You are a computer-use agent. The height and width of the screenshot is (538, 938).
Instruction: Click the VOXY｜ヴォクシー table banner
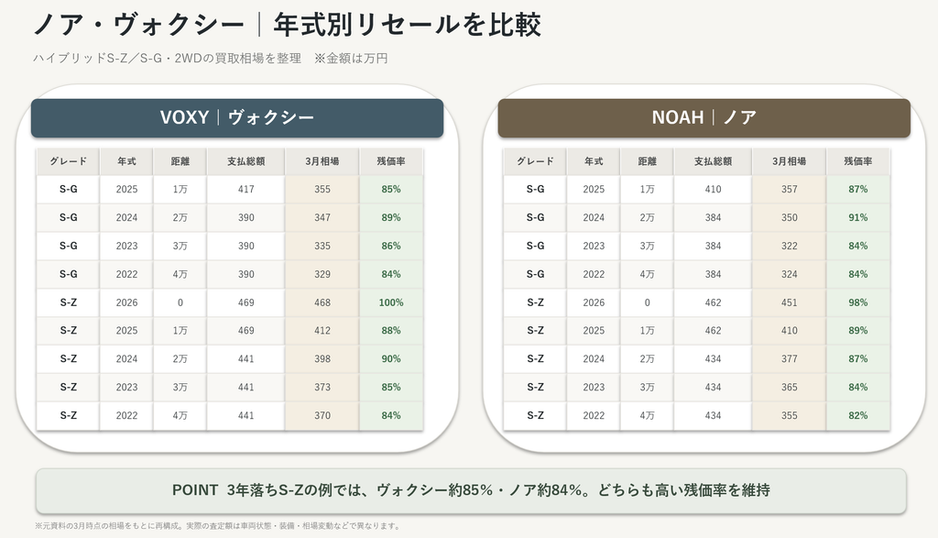(237, 118)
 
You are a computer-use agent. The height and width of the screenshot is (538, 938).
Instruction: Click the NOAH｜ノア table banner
(704, 118)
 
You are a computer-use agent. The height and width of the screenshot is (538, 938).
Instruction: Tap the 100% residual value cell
(391, 302)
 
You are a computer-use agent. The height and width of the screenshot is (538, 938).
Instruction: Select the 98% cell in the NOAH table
(857, 302)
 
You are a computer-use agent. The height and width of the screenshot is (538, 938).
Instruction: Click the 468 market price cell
(322, 302)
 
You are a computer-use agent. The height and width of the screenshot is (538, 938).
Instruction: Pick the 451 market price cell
(789, 302)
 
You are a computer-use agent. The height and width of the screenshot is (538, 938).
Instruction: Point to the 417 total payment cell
(245, 189)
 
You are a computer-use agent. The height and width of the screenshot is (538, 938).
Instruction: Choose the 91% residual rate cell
(857, 218)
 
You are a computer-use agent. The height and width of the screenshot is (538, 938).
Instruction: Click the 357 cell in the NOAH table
(789, 189)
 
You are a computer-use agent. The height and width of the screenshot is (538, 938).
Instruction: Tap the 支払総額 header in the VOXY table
(245, 161)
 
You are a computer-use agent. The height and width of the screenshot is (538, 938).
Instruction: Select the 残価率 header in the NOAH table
(857, 161)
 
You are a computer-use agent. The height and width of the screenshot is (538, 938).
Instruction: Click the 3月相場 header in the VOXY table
(322, 161)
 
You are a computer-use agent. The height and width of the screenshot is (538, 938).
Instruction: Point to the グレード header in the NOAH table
(535, 161)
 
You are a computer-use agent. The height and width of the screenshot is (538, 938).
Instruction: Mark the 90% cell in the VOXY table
(391, 359)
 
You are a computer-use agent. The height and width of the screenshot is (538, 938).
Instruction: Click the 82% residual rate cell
(857, 415)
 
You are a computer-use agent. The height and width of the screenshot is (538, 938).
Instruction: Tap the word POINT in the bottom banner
(195, 490)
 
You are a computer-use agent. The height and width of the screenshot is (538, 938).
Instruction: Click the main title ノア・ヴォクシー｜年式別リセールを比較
(287, 25)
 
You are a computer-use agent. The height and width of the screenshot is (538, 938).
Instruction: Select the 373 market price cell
(322, 387)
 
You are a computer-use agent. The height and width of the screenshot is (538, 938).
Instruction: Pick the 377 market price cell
(789, 359)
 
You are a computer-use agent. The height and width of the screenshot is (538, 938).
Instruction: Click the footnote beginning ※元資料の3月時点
(218, 526)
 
